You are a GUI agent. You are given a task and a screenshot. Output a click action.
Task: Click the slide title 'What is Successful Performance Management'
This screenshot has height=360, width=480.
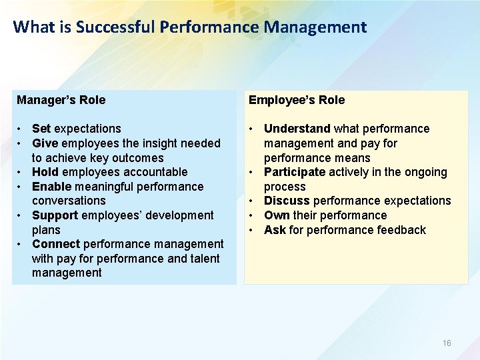click(x=190, y=27)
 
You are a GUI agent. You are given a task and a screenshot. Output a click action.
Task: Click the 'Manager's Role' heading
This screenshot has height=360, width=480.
click(x=61, y=100)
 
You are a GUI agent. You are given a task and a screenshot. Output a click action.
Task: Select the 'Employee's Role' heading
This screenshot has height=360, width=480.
click(x=297, y=100)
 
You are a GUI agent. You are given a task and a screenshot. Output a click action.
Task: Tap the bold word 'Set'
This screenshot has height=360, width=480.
click(x=41, y=129)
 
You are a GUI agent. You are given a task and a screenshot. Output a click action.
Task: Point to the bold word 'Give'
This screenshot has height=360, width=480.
click(x=45, y=143)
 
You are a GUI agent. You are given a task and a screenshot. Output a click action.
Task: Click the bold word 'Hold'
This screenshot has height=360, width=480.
click(x=45, y=172)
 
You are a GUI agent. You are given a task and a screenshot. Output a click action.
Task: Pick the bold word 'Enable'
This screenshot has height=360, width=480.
click(x=51, y=187)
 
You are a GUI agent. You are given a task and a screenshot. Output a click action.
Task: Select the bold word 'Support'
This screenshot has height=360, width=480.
click(x=55, y=215)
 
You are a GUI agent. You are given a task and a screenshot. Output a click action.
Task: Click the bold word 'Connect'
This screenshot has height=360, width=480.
click(x=56, y=244)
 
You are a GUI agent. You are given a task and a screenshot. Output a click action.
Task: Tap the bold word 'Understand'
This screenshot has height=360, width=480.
click(x=297, y=129)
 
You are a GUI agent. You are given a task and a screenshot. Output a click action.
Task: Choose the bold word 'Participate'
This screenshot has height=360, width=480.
click(x=295, y=172)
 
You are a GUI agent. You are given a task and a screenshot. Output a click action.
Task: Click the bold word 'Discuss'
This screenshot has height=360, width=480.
click(x=287, y=201)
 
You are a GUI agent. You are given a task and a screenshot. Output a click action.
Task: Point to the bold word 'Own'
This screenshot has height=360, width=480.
click(x=276, y=215)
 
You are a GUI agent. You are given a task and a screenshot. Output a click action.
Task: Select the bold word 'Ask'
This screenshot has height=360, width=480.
click(x=275, y=230)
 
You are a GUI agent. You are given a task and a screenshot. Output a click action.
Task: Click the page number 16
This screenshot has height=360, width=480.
click(x=447, y=343)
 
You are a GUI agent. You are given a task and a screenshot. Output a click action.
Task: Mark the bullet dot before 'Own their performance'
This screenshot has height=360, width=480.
click(x=252, y=215)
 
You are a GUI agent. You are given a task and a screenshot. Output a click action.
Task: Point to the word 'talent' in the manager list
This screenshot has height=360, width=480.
click(x=203, y=259)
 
